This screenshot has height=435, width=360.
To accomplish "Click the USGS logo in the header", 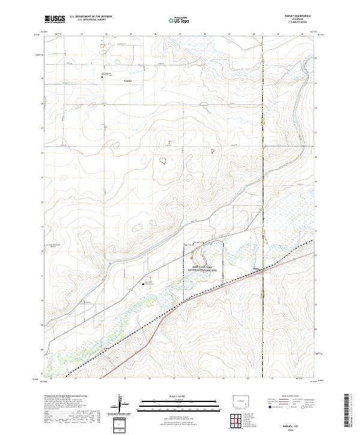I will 55,19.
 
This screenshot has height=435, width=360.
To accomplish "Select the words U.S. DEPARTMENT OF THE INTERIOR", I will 91,17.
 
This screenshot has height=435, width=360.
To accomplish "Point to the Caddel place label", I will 127,80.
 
